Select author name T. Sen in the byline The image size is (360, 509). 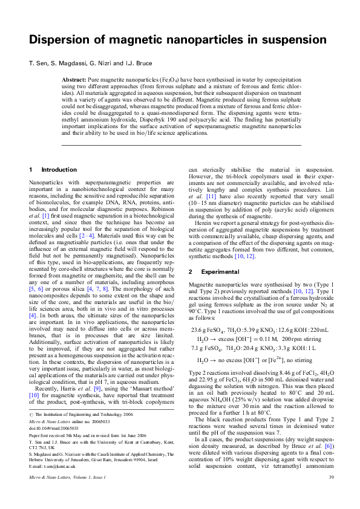[x=39, y=63]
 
